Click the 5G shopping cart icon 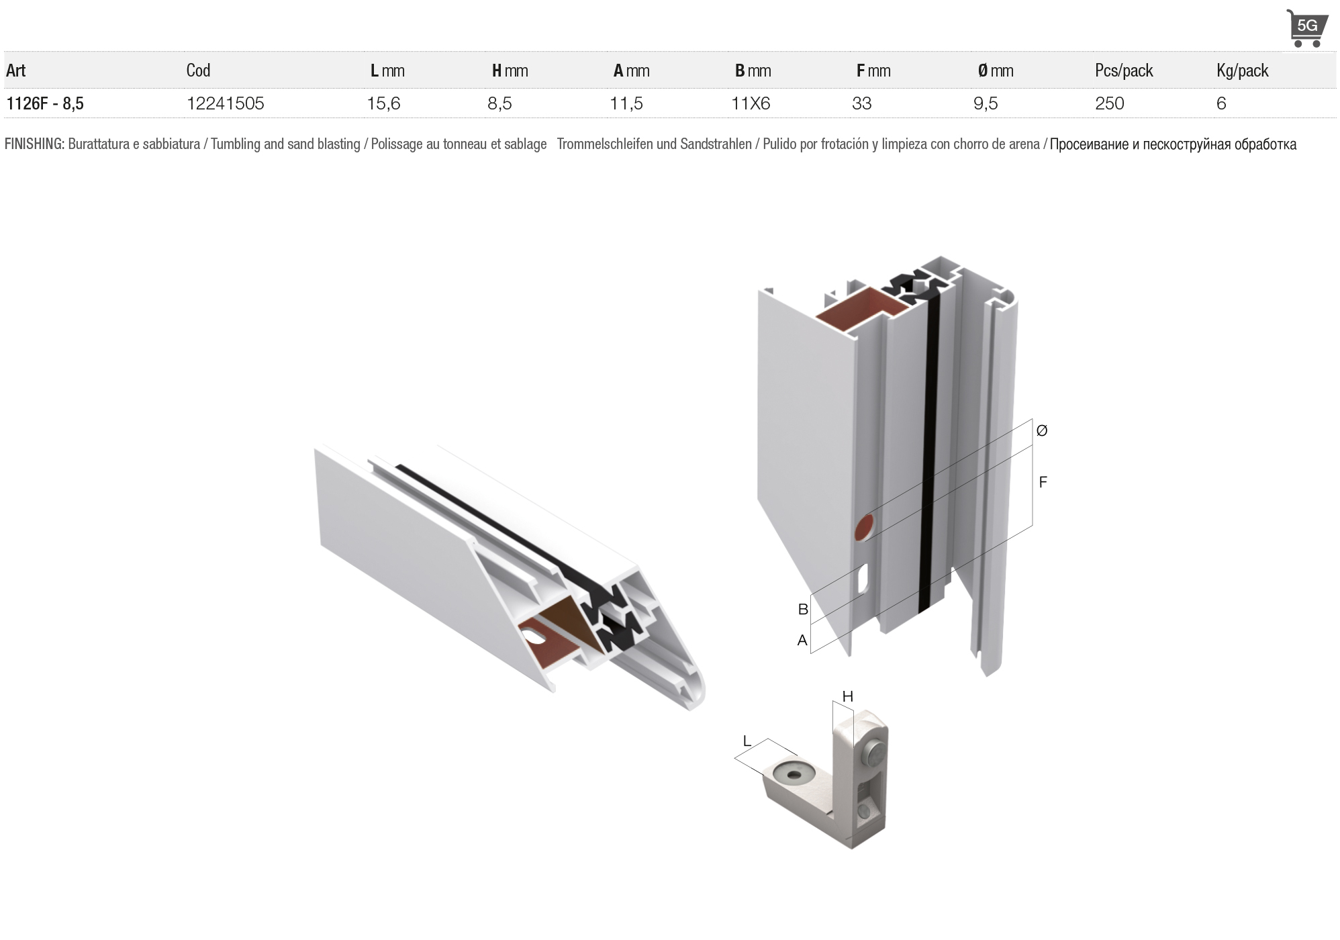click(x=1306, y=28)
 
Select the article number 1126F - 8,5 click(x=45, y=103)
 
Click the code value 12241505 click(x=226, y=103)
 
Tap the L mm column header click(x=387, y=70)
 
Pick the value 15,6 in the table click(x=383, y=103)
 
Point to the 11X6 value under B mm click(x=751, y=103)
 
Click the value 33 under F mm click(x=861, y=103)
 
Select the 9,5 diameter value click(x=986, y=103)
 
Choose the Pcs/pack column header click(x=1124, y=70)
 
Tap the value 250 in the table click(x=1109, y=103)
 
